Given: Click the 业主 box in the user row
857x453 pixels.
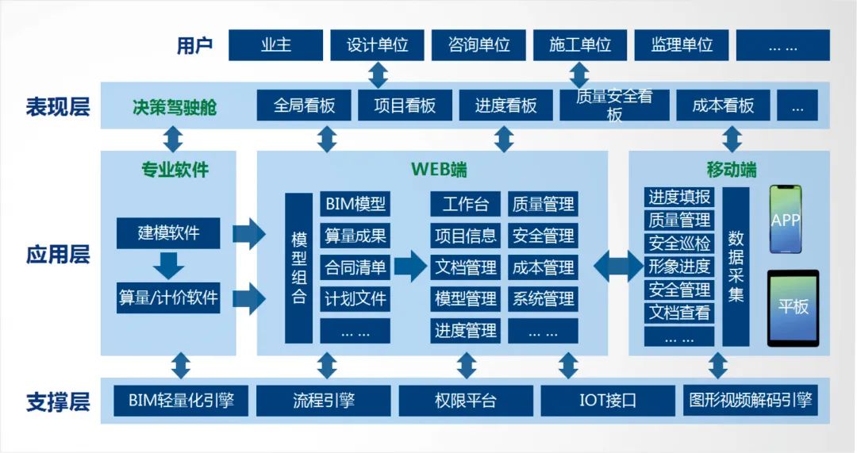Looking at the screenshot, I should [275, 45].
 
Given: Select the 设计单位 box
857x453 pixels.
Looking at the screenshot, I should [377, 45].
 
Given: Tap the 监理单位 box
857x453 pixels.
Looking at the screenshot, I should [682, 45].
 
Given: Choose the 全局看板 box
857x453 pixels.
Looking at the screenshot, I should [304, 106].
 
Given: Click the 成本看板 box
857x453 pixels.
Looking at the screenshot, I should [723, 106].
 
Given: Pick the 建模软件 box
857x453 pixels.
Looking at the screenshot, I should [168, 233].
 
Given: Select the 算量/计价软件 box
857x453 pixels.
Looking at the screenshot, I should [168, 298].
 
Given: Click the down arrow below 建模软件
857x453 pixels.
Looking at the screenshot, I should [169, 265].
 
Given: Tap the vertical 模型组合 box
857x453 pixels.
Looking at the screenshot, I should [299, 268].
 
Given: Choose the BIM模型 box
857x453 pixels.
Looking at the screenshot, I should [355, 204].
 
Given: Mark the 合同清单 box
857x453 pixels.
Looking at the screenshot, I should [355, 267].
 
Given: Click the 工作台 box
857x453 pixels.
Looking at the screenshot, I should [465, 204].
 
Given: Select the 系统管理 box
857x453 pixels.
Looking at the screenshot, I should [543, 299].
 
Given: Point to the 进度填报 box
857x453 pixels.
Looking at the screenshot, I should [679, 198].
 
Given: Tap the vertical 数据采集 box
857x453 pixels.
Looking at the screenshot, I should [736, 267].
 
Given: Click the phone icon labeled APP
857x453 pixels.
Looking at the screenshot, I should [786, 220].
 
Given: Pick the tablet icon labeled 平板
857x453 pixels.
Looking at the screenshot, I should [793, 307].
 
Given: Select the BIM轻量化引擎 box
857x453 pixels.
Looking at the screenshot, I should [182, 401].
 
